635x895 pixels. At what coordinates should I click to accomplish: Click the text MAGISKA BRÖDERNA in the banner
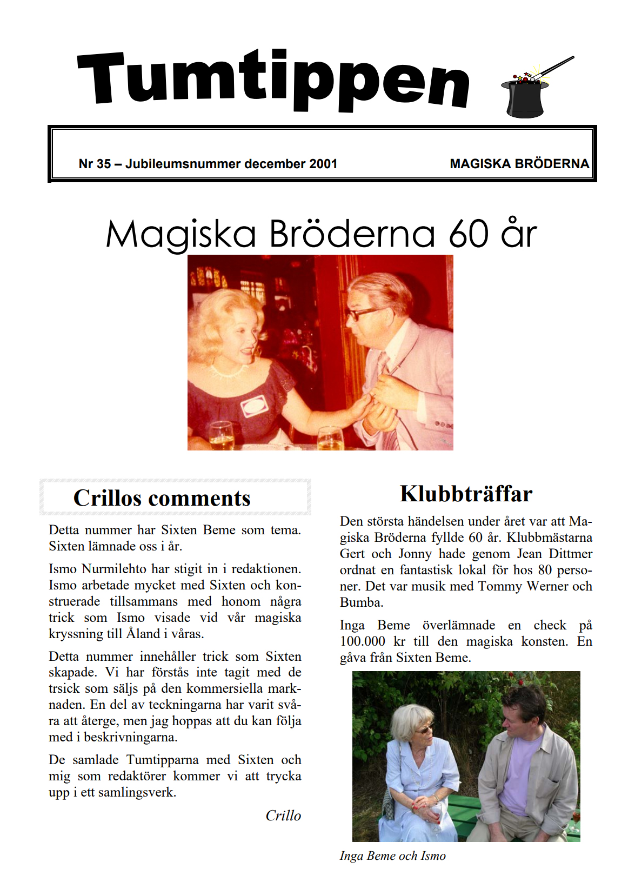[519, 164]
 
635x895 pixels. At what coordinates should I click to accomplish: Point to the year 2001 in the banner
[323, 164]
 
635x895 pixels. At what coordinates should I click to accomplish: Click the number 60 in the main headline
[469, 234]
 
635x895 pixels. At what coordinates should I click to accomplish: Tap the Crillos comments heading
[162, 498]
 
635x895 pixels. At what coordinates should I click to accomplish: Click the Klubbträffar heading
[466, 494]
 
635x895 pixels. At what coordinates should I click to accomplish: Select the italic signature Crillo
[283, 816]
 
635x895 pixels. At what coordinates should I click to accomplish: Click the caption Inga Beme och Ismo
[393, 856]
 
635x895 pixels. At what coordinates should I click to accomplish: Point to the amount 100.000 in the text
[363, 641]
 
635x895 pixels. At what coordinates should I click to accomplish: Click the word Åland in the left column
[143, 634]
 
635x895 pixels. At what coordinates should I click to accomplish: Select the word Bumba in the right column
[360, 602]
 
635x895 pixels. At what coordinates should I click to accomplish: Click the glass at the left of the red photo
[221, 436]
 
